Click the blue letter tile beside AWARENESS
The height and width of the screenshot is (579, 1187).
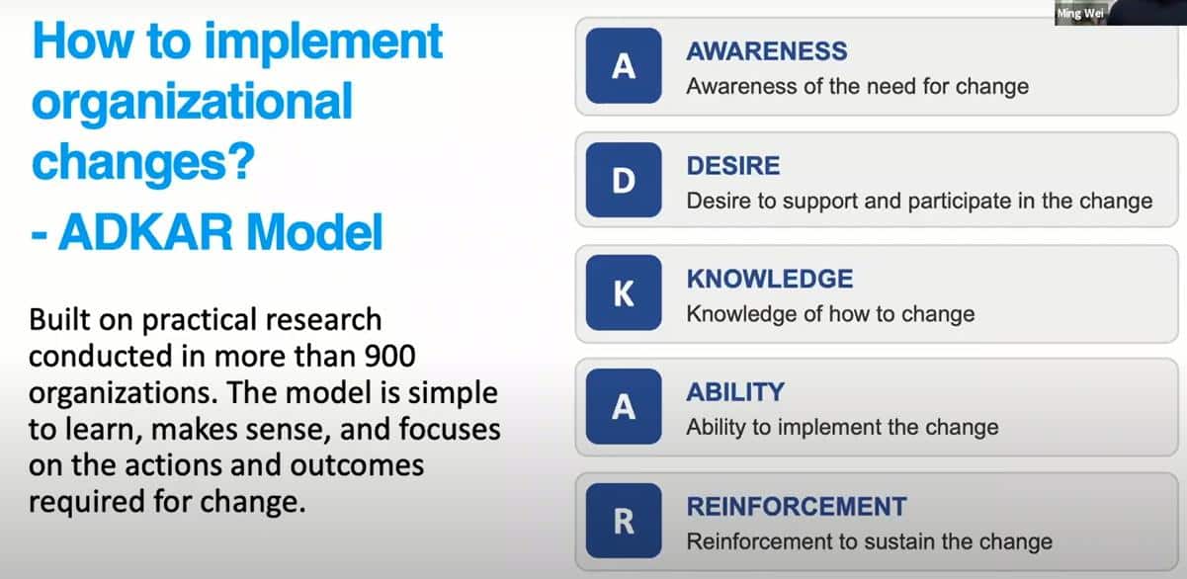click(624, 65)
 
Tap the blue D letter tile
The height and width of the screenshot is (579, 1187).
click(624, 180)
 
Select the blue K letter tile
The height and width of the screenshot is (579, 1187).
click(624, 292)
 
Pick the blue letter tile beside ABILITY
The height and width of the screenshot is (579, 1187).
click(624, 406)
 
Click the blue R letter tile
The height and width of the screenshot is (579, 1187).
click(624, 521)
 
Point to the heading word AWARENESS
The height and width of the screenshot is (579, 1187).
click(767, 51)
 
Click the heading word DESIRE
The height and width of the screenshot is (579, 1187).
click(733, 166)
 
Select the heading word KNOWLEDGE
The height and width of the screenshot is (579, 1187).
click(770, 280)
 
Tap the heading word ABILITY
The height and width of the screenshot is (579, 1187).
click(735, 392)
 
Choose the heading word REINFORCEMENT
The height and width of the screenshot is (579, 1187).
click(797, 507)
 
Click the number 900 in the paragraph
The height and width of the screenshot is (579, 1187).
click(389, 357)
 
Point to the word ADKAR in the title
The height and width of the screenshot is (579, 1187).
click(145, 232)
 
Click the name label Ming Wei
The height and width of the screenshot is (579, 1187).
click(1080, 14)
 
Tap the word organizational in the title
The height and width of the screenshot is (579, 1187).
click(192, 102)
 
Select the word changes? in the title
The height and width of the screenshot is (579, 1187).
click(143, 163)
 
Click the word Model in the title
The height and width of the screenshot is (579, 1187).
click(314, 232)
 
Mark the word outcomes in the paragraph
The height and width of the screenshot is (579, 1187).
click(357, 465)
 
